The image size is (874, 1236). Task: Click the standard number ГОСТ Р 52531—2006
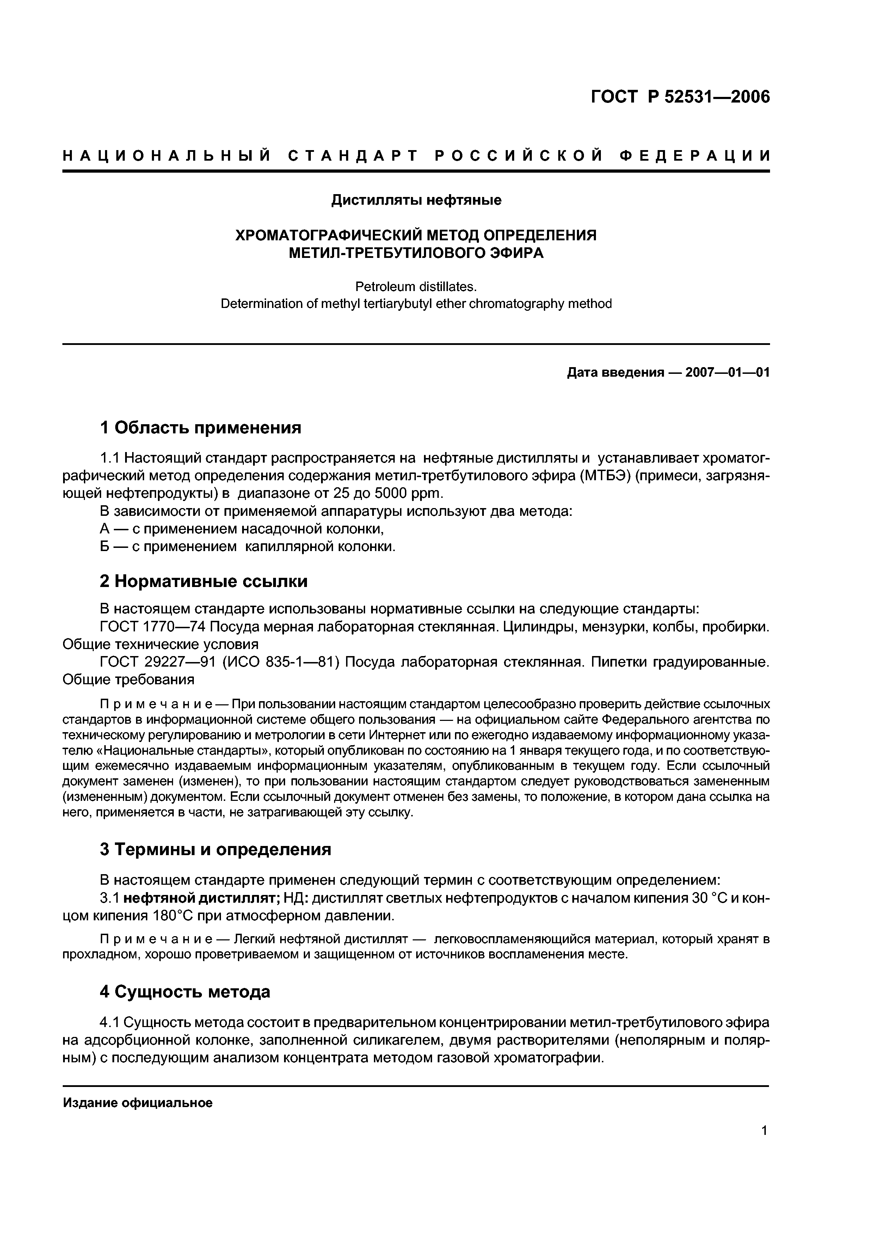point(680,97)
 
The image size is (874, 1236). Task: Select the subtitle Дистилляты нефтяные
point(416,200)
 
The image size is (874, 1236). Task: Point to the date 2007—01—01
point(727,372)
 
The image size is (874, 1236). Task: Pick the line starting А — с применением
point(242,529)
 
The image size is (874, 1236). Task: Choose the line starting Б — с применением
point(248,547)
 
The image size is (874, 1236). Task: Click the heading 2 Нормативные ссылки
point(204,581)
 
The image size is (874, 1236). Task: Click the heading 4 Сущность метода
point(185,991)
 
